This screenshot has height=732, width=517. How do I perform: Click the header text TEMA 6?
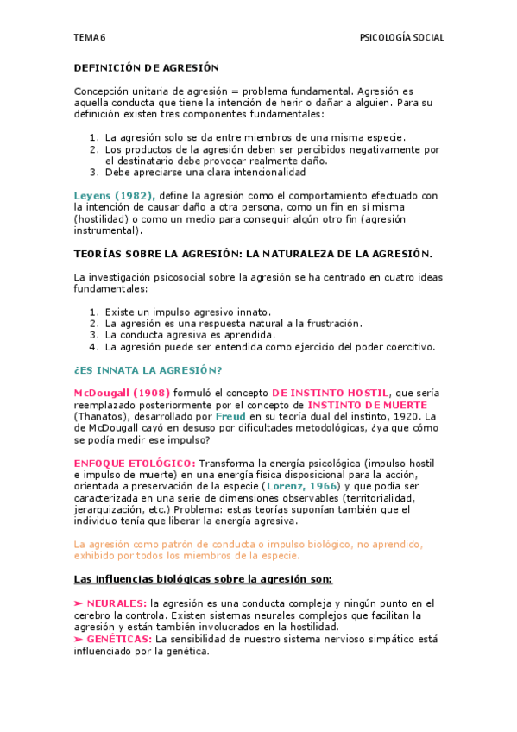[89, 38]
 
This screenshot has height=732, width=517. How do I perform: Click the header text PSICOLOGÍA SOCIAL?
[401, 38]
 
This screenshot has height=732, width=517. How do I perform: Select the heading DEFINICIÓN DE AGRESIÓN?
[147, 67]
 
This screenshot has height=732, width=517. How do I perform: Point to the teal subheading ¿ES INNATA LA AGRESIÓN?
[148, 370]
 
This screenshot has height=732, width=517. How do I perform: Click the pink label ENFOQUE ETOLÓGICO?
[136, 463]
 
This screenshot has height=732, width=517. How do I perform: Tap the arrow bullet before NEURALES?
[79, 602]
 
